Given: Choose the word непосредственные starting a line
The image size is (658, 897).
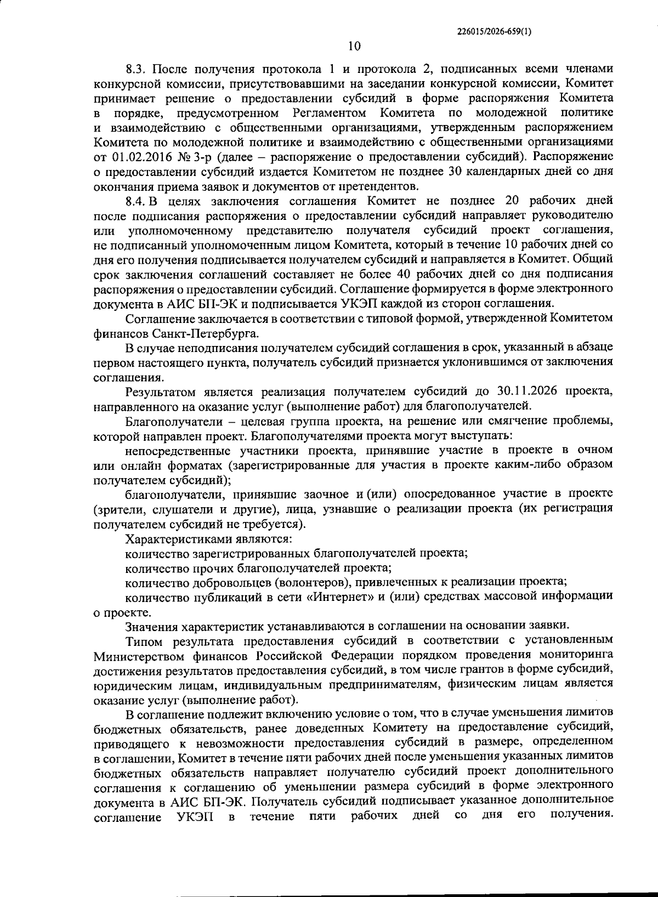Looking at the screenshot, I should click(178, 451).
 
